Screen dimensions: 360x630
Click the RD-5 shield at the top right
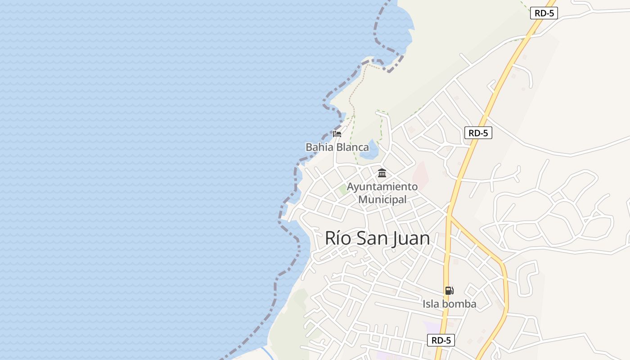pos(544,13)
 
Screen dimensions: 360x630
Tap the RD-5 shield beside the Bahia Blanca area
pos(478,133)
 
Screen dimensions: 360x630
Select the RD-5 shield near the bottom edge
pos(441,340)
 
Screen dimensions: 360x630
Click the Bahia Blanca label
pos(337,147)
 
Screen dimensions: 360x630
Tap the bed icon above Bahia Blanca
pos(337,134)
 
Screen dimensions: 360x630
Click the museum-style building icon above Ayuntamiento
pos(382,173)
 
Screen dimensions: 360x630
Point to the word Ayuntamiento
pos(382,186)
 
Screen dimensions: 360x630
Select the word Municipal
pos(382,199)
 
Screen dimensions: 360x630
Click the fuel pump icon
pos(449,291)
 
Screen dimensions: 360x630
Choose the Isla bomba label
pos(449,304)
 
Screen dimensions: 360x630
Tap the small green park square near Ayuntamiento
pos(344,189)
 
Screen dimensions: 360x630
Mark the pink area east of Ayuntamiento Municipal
pos(420,175)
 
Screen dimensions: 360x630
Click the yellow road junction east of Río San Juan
pos(449,216)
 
